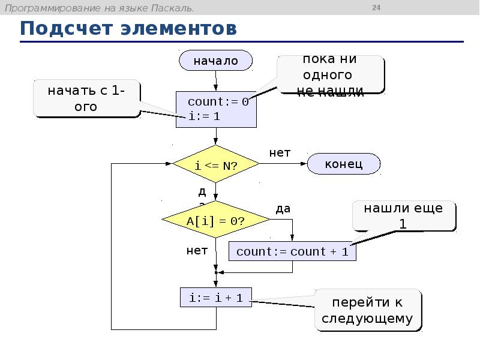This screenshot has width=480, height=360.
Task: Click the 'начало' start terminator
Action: click(215, 61)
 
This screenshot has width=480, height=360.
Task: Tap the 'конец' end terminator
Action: click(344, 164)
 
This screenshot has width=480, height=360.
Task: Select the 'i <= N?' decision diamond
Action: click(215, 164)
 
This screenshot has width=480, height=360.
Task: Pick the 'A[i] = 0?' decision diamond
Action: click(215, 220)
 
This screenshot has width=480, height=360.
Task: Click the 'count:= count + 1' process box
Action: click(292, 251)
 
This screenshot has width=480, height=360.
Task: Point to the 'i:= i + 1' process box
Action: click(216, 297)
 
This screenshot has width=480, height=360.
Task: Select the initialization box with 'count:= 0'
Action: click(216, 109)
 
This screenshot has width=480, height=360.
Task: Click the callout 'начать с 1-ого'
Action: click(87, 99)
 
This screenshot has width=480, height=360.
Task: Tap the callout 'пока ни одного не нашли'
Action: click(331, 75)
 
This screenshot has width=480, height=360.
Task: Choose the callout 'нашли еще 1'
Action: click(403, 216)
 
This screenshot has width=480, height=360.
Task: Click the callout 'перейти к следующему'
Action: click(368, 310)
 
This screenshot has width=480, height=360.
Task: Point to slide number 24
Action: click(377, 8)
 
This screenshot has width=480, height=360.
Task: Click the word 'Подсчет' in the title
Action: click(67, 28)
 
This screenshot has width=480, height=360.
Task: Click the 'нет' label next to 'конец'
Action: click(280, 152)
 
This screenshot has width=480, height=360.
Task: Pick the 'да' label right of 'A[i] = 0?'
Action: click(283, 208)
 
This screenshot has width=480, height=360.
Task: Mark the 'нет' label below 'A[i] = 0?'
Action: click(197, 250)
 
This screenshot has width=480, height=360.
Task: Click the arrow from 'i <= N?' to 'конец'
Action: click(283, 164)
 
